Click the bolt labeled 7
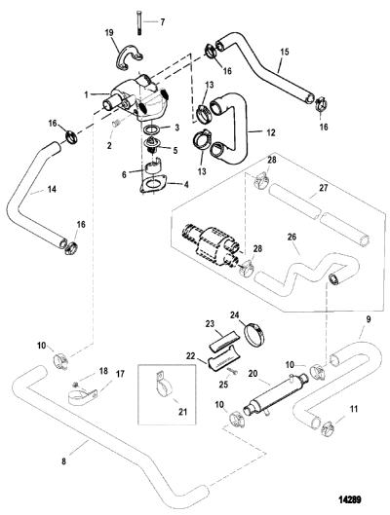coord(137,22)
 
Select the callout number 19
coord(109,32)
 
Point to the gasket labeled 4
coord(152,184)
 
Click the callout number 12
coord(271,132)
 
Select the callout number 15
coord(285,52)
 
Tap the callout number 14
coord(52,189)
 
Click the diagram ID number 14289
coord(350,500)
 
